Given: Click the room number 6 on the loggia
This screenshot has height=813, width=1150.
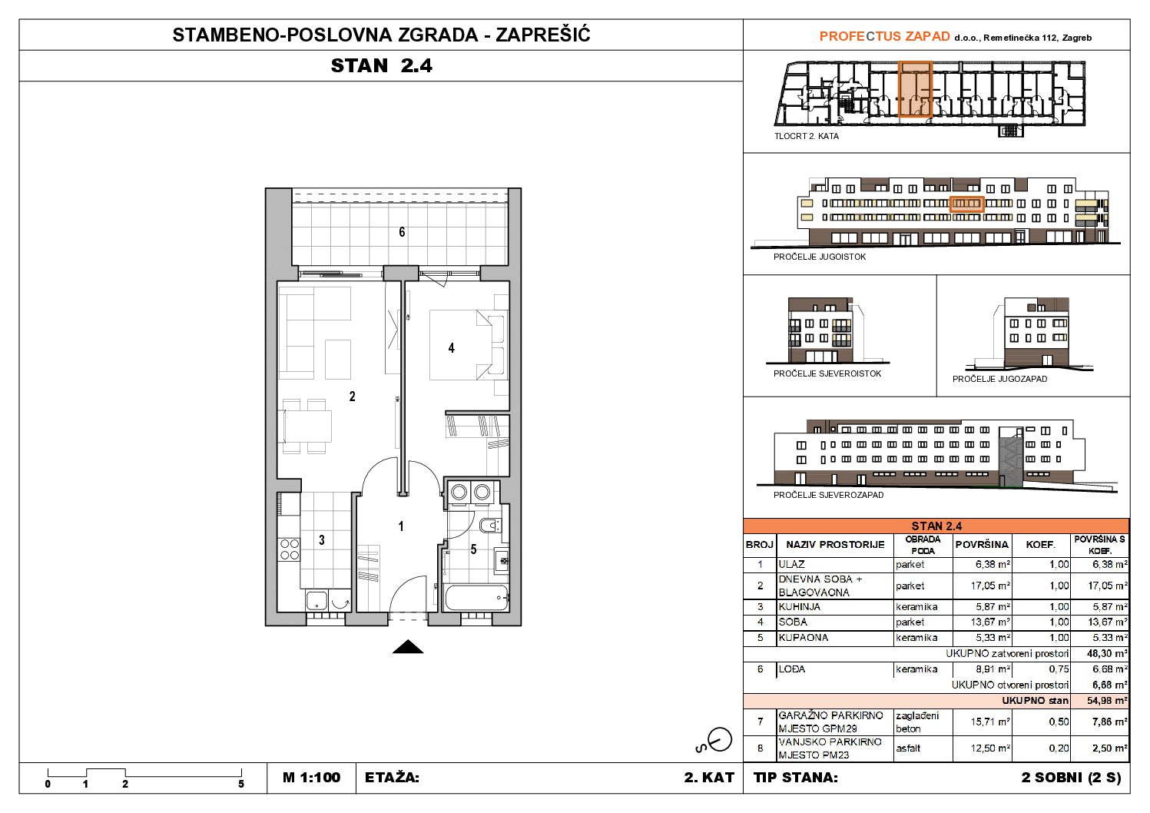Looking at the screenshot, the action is [402, 232].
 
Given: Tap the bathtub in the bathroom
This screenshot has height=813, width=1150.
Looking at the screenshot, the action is [477, 598].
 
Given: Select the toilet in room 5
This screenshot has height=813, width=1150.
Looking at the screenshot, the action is [490, 525].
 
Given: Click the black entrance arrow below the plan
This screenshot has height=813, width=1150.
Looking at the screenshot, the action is [408, 646].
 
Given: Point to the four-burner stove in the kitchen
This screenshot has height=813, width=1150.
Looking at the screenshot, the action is [289, 549].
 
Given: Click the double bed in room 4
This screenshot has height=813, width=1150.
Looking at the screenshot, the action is [460, 345].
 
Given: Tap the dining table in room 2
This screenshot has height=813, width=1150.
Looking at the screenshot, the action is [307, 426].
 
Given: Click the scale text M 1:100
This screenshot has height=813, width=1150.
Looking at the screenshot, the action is [311, 778].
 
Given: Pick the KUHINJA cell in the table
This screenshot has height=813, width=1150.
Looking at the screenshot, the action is [800, 606].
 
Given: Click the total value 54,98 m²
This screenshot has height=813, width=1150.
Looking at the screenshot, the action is [1107, 701].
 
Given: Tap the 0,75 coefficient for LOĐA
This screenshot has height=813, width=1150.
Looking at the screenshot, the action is [1059, 669].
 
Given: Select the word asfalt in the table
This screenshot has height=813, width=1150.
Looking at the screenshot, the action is [908, 748].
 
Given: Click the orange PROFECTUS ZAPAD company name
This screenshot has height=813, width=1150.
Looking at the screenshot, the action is [884, 36].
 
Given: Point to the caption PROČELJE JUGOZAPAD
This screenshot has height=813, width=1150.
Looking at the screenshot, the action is [999, 379].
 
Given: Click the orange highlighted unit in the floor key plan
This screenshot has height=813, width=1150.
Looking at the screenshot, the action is [915, 89].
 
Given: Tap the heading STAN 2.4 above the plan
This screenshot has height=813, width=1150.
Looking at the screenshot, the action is [382, 66].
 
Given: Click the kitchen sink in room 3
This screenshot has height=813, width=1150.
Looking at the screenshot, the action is [316, 600].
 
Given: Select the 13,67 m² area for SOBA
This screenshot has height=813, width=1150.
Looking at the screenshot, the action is [990, 622].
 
